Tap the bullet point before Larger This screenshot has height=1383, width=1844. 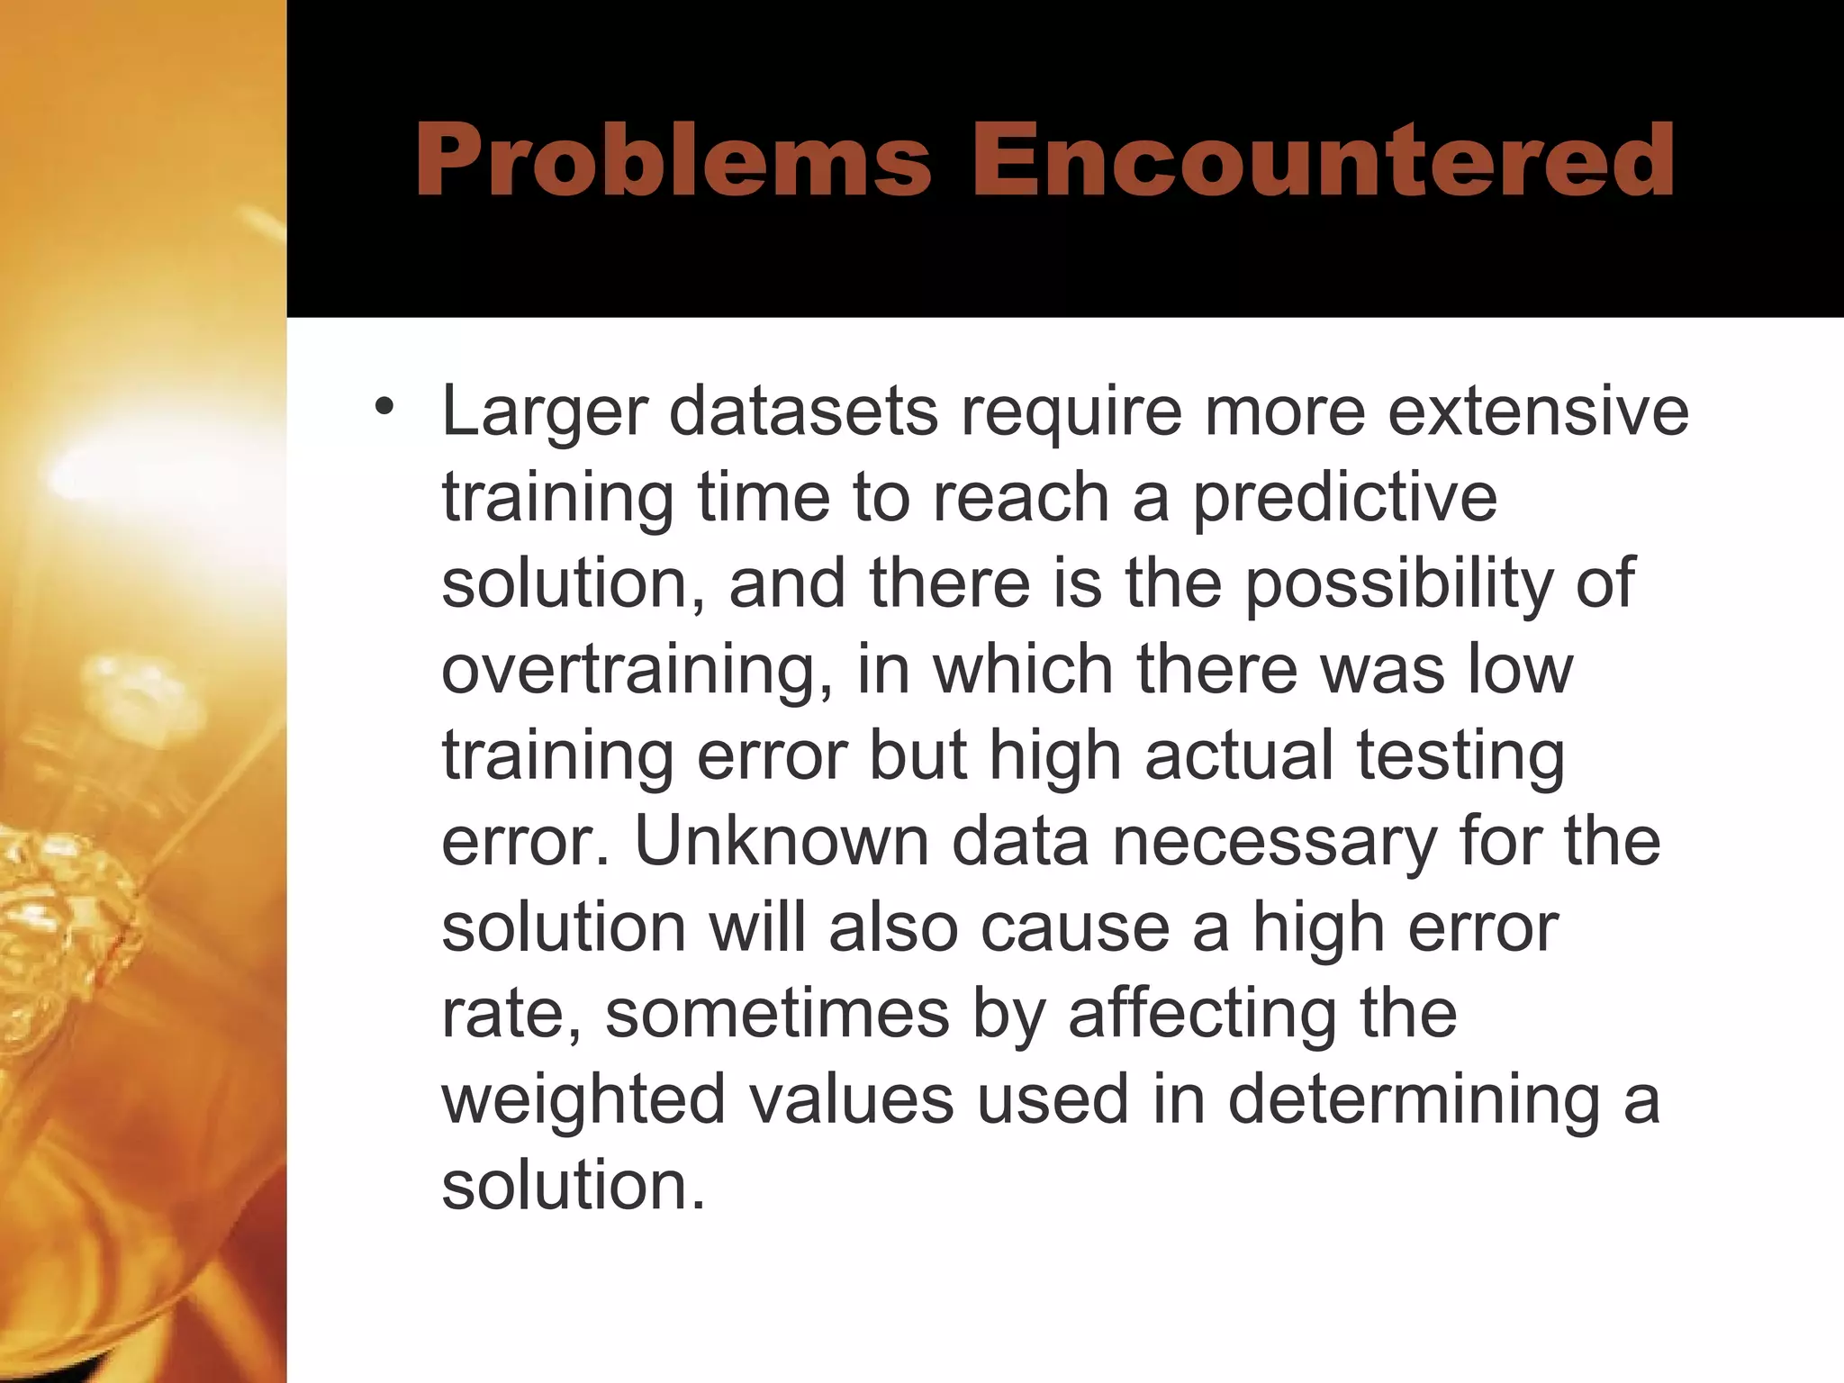click(385, 407)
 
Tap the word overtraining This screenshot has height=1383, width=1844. click(637, 671)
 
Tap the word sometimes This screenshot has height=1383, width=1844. click(777, 1014)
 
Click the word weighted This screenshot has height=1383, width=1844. click(583, 1100)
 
